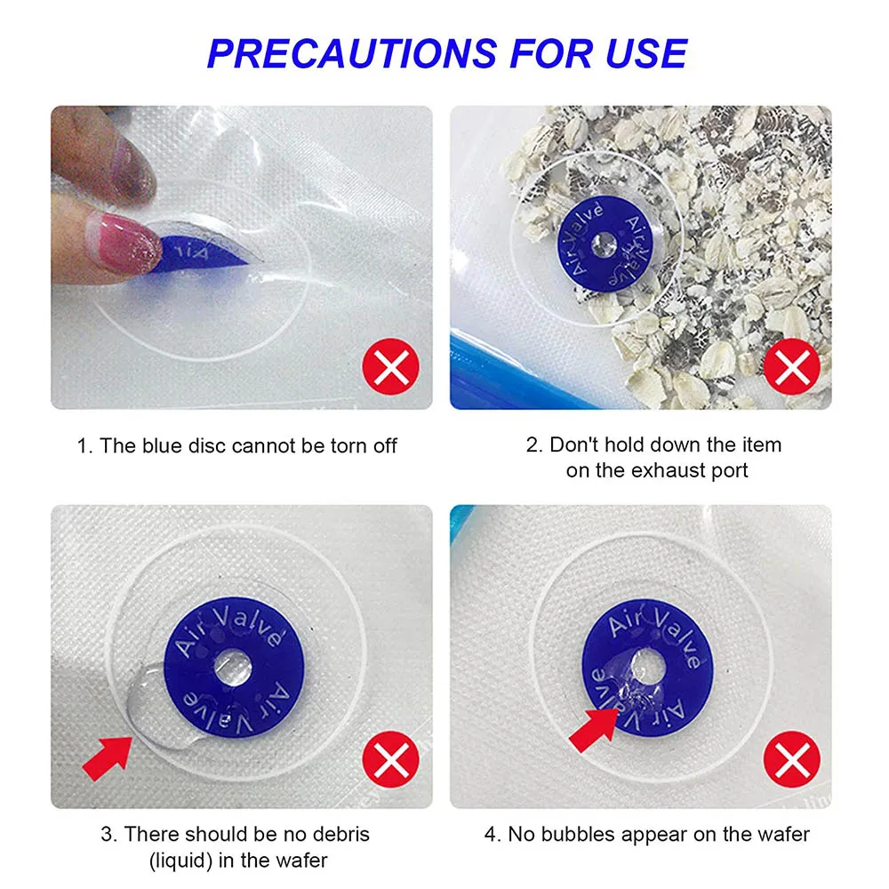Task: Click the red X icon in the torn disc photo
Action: pos(389,367)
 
